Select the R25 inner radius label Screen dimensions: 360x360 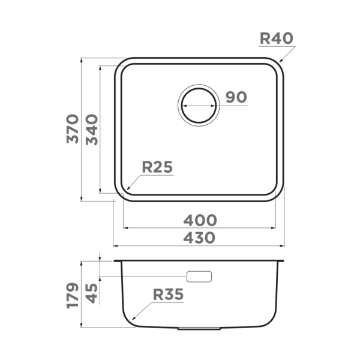[x=157, y=167]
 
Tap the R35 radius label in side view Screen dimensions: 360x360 [x=168, y=295]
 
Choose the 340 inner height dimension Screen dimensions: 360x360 [x=92, y=129]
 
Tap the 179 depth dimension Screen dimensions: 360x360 [x=73, y=295]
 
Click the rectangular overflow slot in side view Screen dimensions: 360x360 [x=199, y=276]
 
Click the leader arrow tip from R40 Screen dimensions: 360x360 [x=280, y=62]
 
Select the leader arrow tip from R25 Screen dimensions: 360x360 [x=127, y=190]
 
